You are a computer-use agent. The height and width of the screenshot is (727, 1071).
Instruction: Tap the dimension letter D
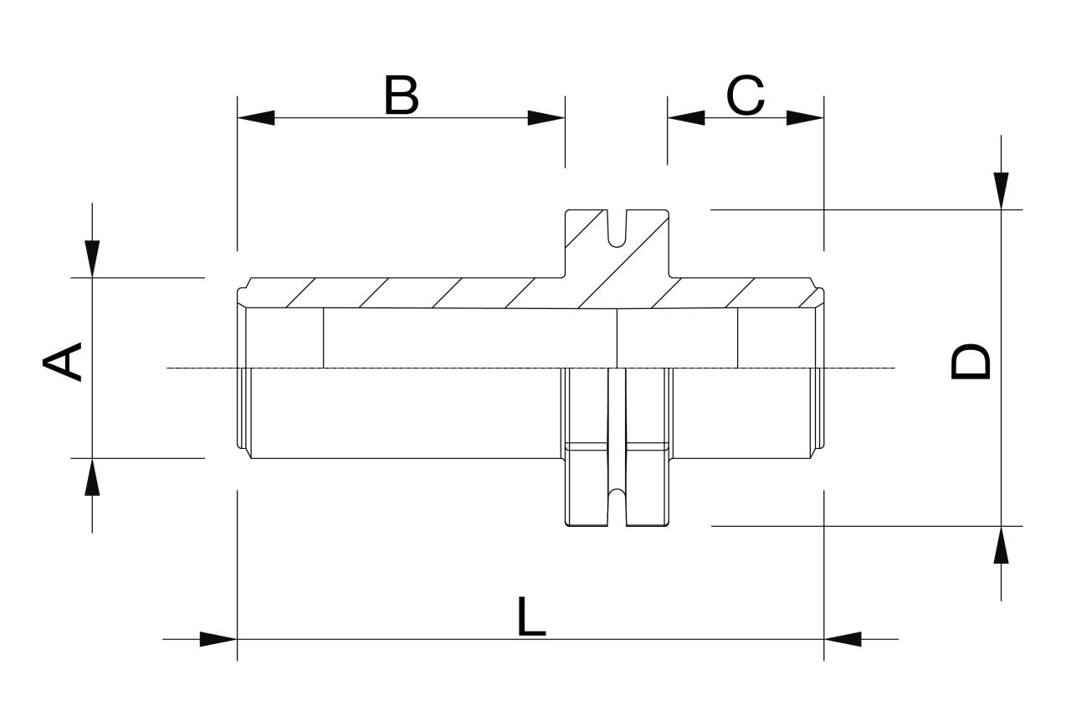pyautogui.click(x=971, y=362)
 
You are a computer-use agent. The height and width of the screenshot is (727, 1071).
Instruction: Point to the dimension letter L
pyautogui.click(x=530, y=617)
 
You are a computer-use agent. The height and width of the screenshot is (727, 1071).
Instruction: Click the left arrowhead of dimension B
pyautogui.click(x=256, y=118)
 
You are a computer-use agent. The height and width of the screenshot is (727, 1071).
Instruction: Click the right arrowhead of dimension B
pyautogui.click(x=547, y=118)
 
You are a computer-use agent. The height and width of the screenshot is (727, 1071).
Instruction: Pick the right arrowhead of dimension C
pyautogui.click(x=807, y=118)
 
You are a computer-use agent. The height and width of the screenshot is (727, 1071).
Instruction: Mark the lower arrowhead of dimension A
pyautogui.click(x=92, y=477)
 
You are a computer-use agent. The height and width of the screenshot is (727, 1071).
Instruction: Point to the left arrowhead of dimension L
pyautogui.click(x=219, y=639)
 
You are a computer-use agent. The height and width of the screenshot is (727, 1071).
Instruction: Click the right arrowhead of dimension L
pyautogui.click(x=843, y=639)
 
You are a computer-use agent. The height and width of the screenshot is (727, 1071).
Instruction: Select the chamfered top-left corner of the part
pyautogui.click(x=243, y=287)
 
